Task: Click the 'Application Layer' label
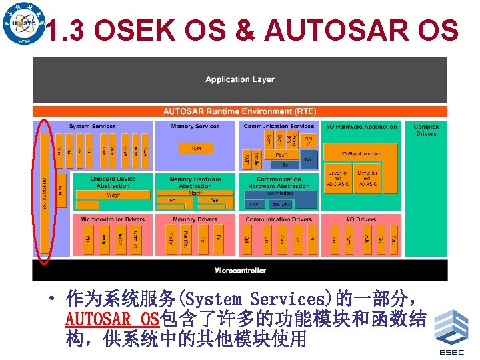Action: [240, 79]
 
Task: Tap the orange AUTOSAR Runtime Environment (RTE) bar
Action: [240, 111]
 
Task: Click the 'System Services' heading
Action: [92, 126]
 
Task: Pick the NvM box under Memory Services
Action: [196, 148]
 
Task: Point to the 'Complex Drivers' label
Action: [426, 130]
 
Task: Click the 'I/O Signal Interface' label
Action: [361, 153]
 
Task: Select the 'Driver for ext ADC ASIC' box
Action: [337, 179]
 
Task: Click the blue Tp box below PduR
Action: [285, 164]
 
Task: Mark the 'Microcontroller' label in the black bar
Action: [240, 270]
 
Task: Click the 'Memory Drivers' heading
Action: [195, 219]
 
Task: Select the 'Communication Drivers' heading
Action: [279, 219]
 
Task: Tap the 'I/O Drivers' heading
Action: [361, 219]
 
